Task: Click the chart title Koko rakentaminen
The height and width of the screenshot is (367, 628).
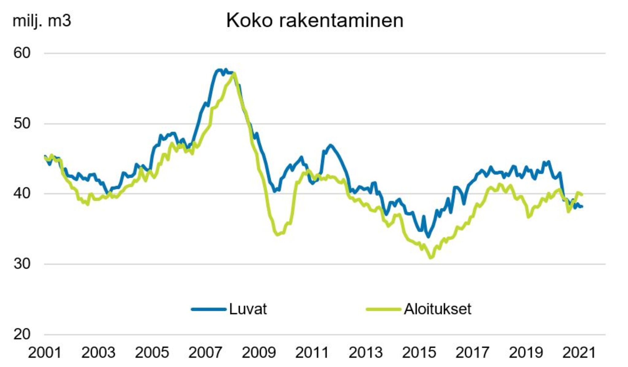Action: (315, 21)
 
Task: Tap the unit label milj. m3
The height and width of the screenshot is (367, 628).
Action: (42, 21)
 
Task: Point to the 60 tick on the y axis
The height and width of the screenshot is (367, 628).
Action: (22, 53)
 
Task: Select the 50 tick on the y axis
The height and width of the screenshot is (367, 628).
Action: (22, 123)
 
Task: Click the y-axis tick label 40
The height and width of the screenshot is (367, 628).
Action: (22, 193)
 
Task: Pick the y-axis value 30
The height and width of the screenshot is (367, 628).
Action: (22, 264)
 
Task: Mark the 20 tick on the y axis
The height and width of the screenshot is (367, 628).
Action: (22, 334)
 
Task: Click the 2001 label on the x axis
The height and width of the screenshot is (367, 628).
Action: (45, 353)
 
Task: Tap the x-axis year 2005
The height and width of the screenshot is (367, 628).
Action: (152, 353)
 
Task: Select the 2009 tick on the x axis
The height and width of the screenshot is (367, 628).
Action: (258, 353)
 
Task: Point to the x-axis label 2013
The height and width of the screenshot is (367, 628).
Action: (366, 353)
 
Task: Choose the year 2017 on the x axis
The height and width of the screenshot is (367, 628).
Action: (472, 353)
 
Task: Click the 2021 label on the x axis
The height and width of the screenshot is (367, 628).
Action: (579, 353)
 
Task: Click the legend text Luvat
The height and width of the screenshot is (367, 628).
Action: (248, 309)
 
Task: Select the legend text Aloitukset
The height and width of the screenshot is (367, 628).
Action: (437, 309)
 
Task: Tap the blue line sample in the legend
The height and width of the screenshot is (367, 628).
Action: (209, 309)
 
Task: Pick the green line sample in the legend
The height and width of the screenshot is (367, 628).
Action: (383, 309)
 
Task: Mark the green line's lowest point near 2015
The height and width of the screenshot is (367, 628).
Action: (431, 257)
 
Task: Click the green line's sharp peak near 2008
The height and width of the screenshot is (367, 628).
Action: (234, 73)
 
